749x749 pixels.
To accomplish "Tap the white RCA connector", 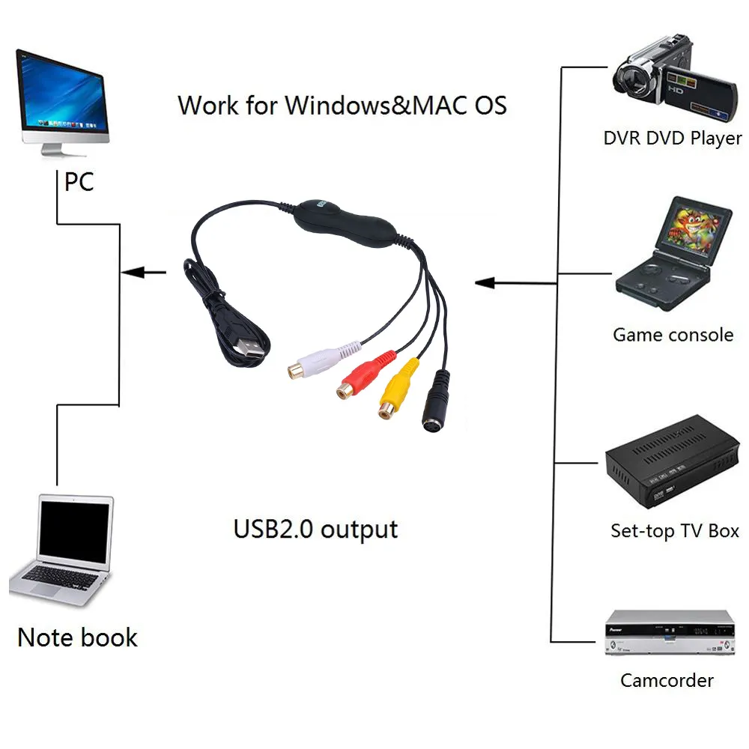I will (x=321, y=360).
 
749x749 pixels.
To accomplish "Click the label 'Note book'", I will (x=77, y=637).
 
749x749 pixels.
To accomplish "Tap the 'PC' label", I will (x=79, y=181).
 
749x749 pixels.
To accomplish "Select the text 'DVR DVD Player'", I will (x=672, y=138).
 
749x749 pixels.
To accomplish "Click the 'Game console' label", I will (x=673, y=334).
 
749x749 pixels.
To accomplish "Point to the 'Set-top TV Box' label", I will (x=674, y=531).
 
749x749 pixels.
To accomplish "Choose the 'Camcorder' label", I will (x=667, y=680).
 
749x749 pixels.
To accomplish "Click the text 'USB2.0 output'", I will (x=315, y=529).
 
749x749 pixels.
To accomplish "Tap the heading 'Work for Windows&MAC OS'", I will (x=342, y=104).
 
